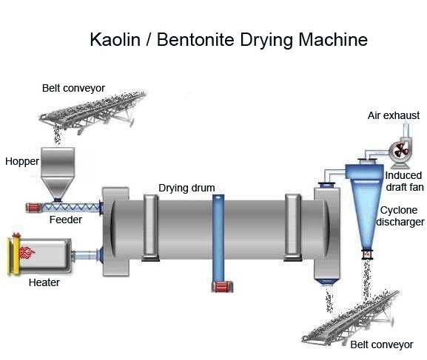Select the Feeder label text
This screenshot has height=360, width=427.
[x=65, y=220]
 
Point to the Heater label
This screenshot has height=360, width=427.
[x=44, y=282]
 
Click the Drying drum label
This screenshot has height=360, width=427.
[x=186, y=188]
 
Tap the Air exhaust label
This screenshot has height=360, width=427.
[x=394, y=115]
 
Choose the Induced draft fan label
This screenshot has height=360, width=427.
[x=403, y=181]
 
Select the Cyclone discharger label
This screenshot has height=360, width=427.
[x=400, y=215]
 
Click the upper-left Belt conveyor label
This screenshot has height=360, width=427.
[x=73, y=88]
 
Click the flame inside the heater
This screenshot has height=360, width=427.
[x=26, y=253]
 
